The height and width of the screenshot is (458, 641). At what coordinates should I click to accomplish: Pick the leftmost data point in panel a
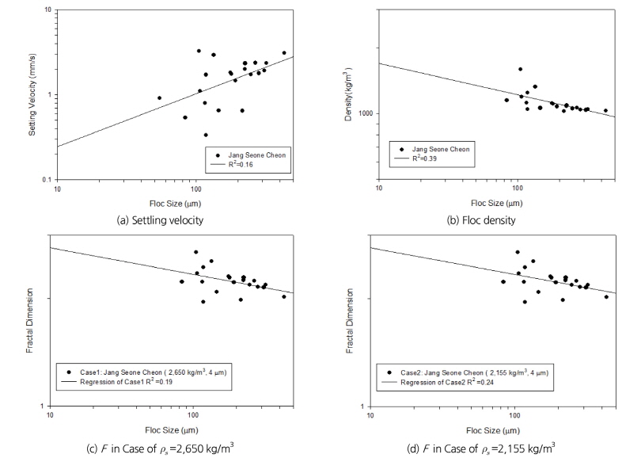point(159,98)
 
